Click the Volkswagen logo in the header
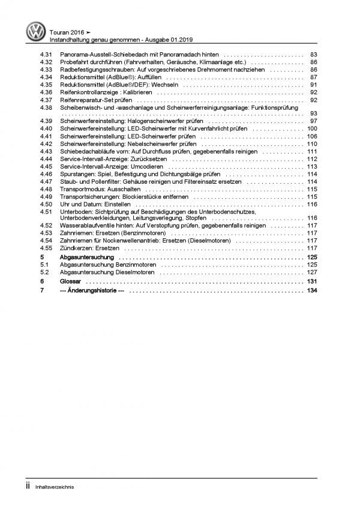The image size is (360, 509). (x=34, y=31)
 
